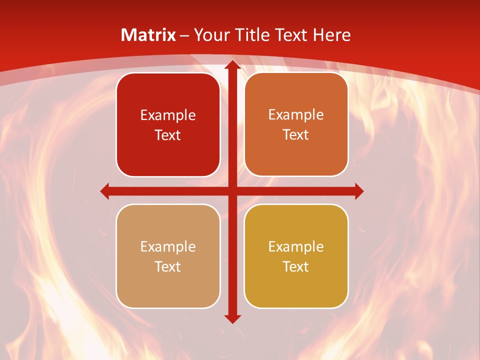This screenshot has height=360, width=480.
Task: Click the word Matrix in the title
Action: (148, 35)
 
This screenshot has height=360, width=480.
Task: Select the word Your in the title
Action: (210, 35)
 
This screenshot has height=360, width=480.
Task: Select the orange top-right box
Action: (296, 155)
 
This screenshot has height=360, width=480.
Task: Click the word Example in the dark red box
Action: (168, 115)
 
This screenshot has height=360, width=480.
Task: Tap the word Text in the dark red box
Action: (168, 135)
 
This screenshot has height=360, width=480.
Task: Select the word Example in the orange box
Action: (296, 114)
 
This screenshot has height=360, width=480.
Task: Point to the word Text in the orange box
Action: (296, 134)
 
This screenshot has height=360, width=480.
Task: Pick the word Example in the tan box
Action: (168, 246)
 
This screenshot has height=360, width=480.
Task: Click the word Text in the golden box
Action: (296, 266)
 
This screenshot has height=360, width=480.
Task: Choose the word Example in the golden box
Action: (296, 246)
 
